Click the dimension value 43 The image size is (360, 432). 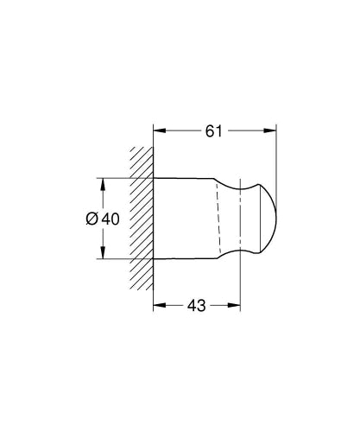pyautogui.click(x=198, y=306)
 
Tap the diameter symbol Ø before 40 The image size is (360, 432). pyautogui.click(x=93, y=219)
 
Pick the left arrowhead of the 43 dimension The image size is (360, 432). pyautogui.click(x=159, y=306)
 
